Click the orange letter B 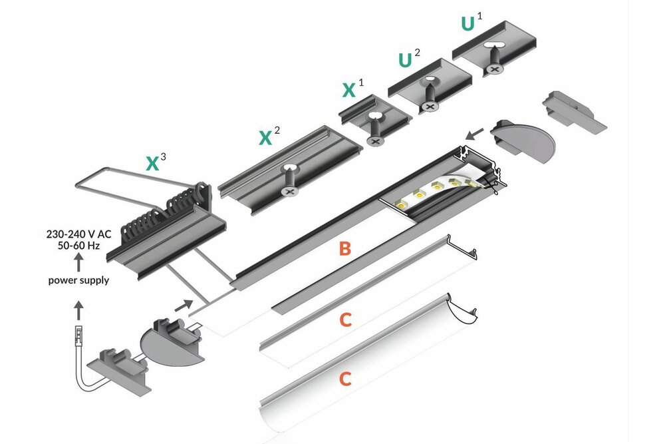pos(344,249)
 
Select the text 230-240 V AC pos(78,234)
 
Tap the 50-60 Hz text pos(78,246)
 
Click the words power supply pos(78,280)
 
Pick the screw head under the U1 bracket pos(495,70)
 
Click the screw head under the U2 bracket pos(430,106)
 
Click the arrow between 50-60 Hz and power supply pos(78,262)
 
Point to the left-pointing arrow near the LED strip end pos(475,134)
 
